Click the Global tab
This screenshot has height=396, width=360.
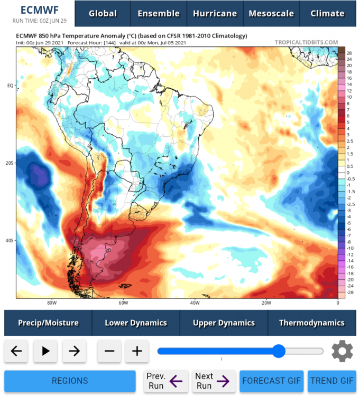point(103,14)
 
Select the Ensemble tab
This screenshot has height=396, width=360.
point(159,14)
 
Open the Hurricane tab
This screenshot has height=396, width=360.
point(215,14)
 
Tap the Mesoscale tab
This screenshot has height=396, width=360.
point(271,14)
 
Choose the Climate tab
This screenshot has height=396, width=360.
point(327,14)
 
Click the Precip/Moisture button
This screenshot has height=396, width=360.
point(48,323)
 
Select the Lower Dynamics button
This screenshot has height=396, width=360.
point(136,323)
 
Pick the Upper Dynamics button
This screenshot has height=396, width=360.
point(224,323)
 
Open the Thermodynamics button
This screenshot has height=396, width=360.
point(311,323)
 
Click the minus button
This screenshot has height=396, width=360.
point(109,351)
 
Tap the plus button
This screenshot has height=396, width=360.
point(137,351)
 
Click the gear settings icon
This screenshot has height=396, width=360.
point(342,351)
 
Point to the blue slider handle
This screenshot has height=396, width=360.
point(279,351)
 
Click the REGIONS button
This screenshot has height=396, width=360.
point(70,381)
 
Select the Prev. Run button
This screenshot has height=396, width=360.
point(166,381)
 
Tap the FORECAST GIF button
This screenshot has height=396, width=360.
point(272,381)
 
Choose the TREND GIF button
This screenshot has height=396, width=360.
point(332,381)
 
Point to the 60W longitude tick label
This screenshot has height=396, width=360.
point(123,303)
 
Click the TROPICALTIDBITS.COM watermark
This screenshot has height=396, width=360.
point(306,42)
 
